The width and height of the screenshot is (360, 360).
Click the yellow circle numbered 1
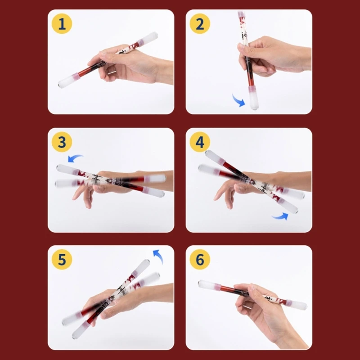click(x=62, y=24)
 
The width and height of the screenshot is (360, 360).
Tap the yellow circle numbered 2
click(x=200, y=24)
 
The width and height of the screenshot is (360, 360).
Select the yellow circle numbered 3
click(x=62, y=142)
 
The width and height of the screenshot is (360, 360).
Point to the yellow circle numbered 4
click(x=200, y=142)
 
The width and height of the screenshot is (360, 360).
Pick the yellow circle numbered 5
click(x=62, y=260)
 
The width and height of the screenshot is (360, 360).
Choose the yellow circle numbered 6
click(x=200, y=260)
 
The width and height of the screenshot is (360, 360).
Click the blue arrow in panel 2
click(x=238, y=100)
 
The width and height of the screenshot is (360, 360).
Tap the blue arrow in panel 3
click(x=75, y=157)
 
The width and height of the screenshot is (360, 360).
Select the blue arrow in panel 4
click(x=280, y=216)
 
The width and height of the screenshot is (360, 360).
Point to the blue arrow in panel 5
click(x=159, y=256)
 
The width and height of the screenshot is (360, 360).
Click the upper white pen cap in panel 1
click(x=148, y=38)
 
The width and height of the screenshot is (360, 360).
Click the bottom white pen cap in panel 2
click(x=253, y=98)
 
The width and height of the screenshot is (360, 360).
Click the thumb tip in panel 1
click(x=103, y=55)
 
